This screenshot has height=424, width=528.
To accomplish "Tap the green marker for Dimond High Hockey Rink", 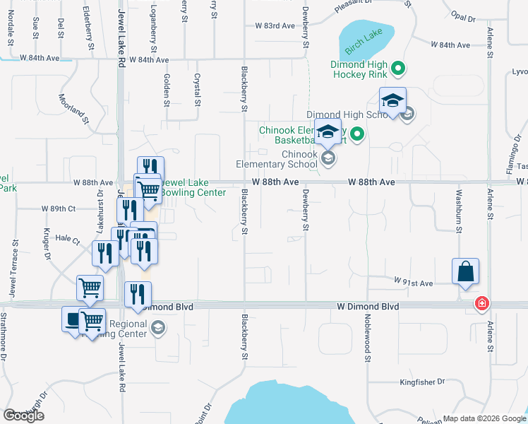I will pyautogui.click(x=398, y=69).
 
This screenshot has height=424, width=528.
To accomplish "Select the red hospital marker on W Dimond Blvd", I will pyautogui.click(x=482, y=304).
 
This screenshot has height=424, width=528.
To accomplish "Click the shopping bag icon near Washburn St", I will pyautogui.click(x=466, y=271).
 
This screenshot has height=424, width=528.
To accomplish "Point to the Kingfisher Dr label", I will pyautogui.click(x=422, y=382).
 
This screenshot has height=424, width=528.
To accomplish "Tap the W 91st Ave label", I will pyautogui.click(x=413, y=282).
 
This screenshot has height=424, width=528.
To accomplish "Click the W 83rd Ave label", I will pyautogui.click(x=275, y=25).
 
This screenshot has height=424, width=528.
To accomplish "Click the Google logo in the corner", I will pyautogui.click(x=23, y=416).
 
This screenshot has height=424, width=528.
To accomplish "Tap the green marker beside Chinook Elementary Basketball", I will pyautogui.click(x=357, y=134).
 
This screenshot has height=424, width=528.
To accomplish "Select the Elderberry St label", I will pyautogui.click(x=89, y=28).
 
